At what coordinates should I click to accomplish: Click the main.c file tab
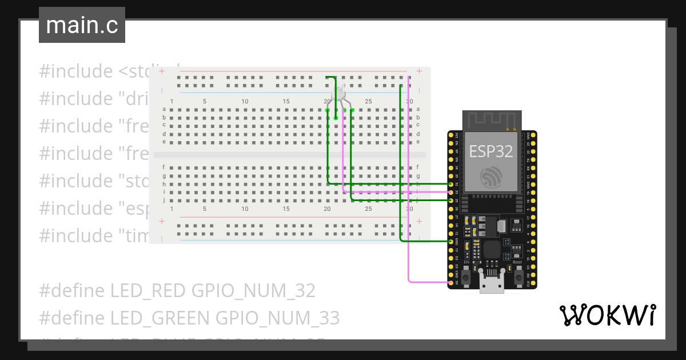(82, 25)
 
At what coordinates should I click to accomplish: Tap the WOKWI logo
(607, 315)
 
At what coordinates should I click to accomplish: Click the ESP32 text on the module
(490, 151)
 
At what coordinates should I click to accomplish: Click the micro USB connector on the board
(492, 284)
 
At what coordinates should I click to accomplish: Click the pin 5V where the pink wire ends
(451, 282)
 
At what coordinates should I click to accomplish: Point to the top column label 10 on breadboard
(245, 102)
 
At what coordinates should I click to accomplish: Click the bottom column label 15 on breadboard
(286, 209)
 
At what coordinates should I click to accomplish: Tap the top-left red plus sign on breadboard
(162, 71)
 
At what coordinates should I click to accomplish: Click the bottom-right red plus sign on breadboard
(419, 221)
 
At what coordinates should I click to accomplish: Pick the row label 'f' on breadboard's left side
(164, 167)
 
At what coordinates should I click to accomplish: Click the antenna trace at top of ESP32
(492, 120)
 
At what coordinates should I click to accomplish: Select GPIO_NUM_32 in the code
(253, 290)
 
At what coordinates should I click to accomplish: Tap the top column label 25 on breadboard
(368, 102)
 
